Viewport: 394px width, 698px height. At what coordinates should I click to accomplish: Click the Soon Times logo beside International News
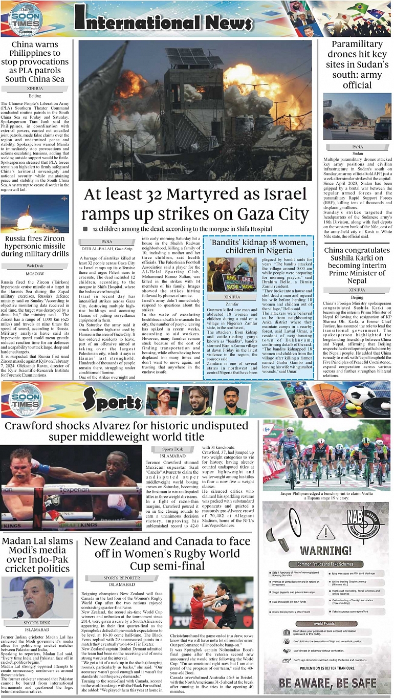pyautogui.click(x=26, y=19)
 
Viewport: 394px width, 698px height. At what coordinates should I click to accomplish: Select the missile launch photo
pyautogui.click(x=35, y=213)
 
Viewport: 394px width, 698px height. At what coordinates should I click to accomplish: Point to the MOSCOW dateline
pyautogui.click(x=35, y=274)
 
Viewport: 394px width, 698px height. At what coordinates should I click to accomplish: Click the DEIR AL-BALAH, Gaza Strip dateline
pyautogui.click(x=106, y=248)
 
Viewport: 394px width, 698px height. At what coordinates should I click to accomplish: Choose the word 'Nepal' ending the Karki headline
pyautogui.click(x=357, y=281)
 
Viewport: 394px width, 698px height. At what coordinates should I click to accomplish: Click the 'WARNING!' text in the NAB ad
pyautogui.click(x=325, y=551)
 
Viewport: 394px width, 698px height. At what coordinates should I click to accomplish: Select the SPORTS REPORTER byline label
pyautogui.click(x=122, y=578)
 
